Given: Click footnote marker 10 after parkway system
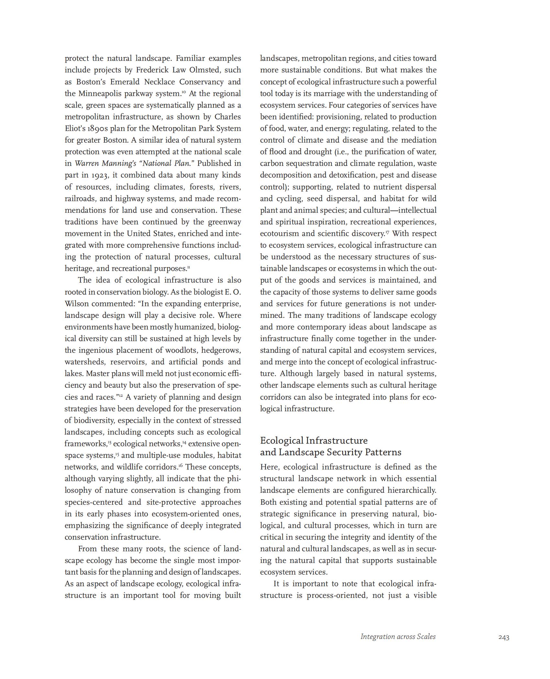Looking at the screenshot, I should coord(184,92).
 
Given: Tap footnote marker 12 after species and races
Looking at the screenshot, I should coord(120,395).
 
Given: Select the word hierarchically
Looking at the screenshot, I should coord(412,490).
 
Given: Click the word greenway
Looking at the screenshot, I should coord(224,222).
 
